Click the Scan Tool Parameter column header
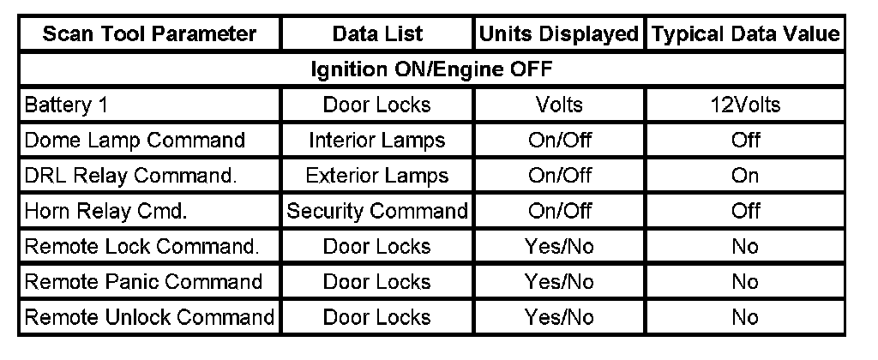[x=149, y=34]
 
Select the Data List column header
[x=377, y=34]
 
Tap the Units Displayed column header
[x=560, y=34]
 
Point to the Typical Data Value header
[x=745, y=34]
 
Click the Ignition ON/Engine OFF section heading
[x=430, y=69]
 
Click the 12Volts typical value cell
[x=745, y=105]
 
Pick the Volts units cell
[x=560, y=105]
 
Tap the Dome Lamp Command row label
[x=135, y=140]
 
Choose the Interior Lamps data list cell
[x=377, y=140]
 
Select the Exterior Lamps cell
[x=377, y=176]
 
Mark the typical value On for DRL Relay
[x=745, y=176]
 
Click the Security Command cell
[x=377, y=211]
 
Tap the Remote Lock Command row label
[x=141, y=246]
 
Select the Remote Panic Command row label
[x=143, y=281]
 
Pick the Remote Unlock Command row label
[x=149, y=317]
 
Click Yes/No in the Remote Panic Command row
[x=560, y=281]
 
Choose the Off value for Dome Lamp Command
[x=745, y=140]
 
